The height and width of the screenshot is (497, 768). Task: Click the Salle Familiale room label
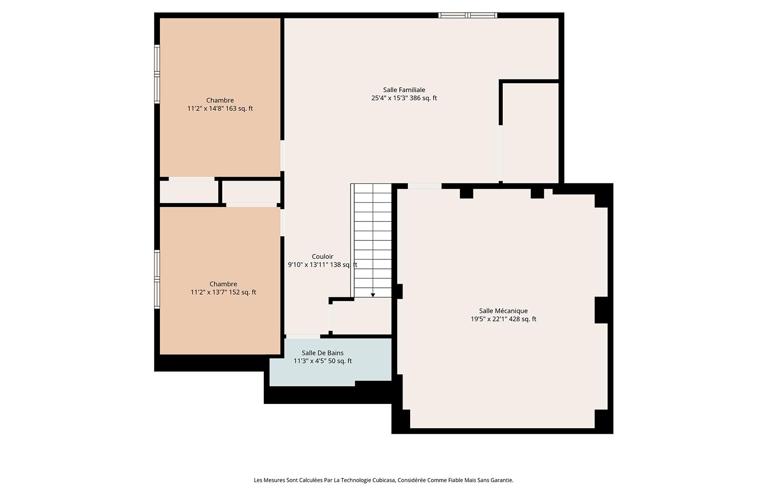click(404, 90)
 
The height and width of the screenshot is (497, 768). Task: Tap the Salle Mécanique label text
click(503, 311)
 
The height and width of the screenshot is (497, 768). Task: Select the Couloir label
click(323, 257)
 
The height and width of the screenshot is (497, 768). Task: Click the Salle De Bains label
click(323, 353)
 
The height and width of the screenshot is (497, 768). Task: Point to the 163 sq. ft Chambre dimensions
click(220, 108)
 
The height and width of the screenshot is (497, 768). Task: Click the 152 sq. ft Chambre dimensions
click(223, 292)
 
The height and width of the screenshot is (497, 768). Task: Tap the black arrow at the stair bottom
click(373, 295)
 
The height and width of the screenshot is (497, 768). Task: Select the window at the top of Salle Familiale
click(468, 15)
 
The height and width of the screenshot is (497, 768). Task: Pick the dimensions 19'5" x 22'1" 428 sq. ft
click(503, 319)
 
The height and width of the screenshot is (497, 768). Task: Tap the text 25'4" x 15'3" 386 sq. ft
click(404, 98)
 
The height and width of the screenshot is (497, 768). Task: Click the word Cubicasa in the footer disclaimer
click(383, 480)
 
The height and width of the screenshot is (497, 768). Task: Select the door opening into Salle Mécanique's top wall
click(424, 186)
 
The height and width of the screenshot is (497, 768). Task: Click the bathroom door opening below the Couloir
click(303, 336)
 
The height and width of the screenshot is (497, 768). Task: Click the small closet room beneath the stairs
click(361, 316)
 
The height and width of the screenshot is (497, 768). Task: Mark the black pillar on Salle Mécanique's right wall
click(601, 310)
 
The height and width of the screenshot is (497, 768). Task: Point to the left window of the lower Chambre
click(157, 279)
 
